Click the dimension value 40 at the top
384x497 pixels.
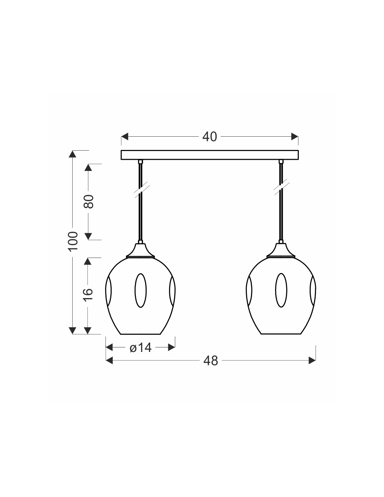click(209, 137)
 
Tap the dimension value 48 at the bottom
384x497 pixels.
click(211, 361)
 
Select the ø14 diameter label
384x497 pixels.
click(140, 348)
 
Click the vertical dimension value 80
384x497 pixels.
click(89, 202)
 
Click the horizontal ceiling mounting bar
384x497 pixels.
click(209, 154)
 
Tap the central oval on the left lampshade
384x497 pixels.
click(140, 290)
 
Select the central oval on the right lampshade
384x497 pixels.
click(281, 290)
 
